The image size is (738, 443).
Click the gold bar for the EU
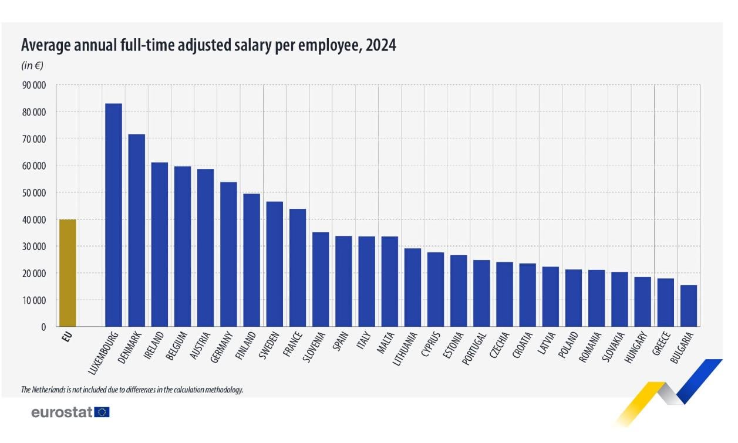click(x=68, y=273)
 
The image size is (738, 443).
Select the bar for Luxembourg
click(x=113, y=215)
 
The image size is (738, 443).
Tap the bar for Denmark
click(x=136, y=230)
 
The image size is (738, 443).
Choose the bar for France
click(x=298, y=268)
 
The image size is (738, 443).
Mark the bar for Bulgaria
click(x=689, y=306)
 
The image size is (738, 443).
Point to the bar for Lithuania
click(x=413, y=288)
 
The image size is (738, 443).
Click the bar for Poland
click(x=574, y=298)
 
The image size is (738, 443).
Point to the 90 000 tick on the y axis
click(x=33, y=85)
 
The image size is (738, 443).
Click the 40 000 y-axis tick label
click(x=33, y=219)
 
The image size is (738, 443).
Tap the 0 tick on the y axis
click(x=43, y=327)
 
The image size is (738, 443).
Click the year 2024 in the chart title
click(x=380, y=46)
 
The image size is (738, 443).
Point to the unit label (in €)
click(x=32, y=65)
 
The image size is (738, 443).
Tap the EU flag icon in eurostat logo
click(x=102, y=412)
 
